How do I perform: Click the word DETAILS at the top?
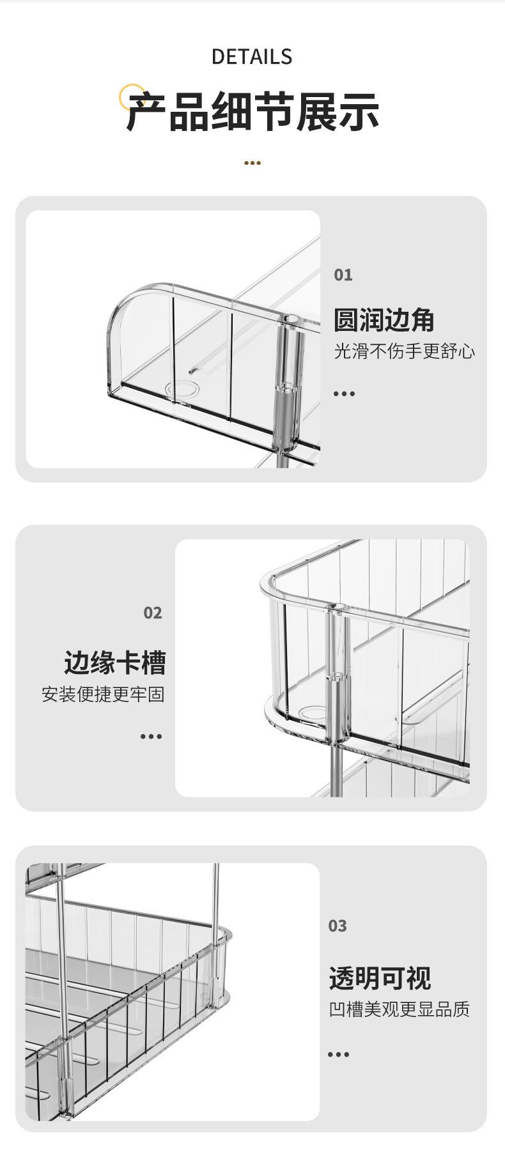252,57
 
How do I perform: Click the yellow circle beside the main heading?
132,96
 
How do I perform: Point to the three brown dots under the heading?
252,163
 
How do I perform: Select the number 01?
343,275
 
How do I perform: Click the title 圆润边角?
384,320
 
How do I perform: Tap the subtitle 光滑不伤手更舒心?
404,351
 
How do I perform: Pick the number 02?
153,613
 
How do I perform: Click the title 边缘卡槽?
115,662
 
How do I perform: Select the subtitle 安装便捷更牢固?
104,694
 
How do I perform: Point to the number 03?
338,926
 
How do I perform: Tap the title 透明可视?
380,978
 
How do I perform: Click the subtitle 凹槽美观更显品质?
399,1009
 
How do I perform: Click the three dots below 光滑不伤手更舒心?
344,394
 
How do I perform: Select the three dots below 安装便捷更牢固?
151,737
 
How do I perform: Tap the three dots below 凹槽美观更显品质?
338,1054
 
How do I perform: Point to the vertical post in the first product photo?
287,383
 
